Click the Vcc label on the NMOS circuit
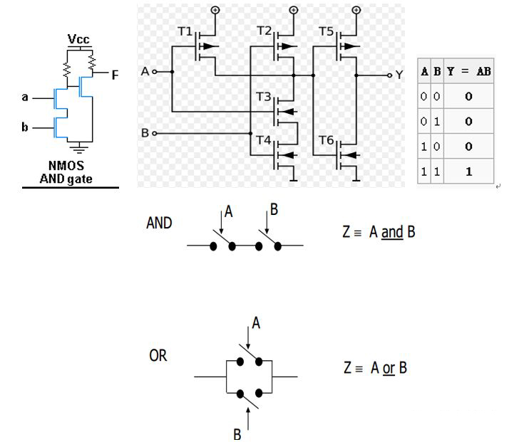click(x=78, y=39)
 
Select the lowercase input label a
click(x=24, y=97)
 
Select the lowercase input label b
click(x=25, y=127)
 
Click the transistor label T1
click(x=185, y=32)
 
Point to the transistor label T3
click(x=264, y=96)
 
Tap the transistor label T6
click(x=327, y=140)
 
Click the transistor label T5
click(x=327, y=32)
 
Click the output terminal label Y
click(x=399, y=75)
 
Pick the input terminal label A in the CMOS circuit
click(x=145, y=72)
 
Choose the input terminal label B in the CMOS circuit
click(x=145, y=133)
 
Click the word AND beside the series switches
click(x=159, y=223)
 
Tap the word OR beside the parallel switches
click(x=158, y=355)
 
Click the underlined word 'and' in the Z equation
click(x=392, y=233)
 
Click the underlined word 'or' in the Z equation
click(x=389, y=368)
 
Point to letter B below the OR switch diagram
click(x=237, y=433)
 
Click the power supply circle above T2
click(x=293, y=10)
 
